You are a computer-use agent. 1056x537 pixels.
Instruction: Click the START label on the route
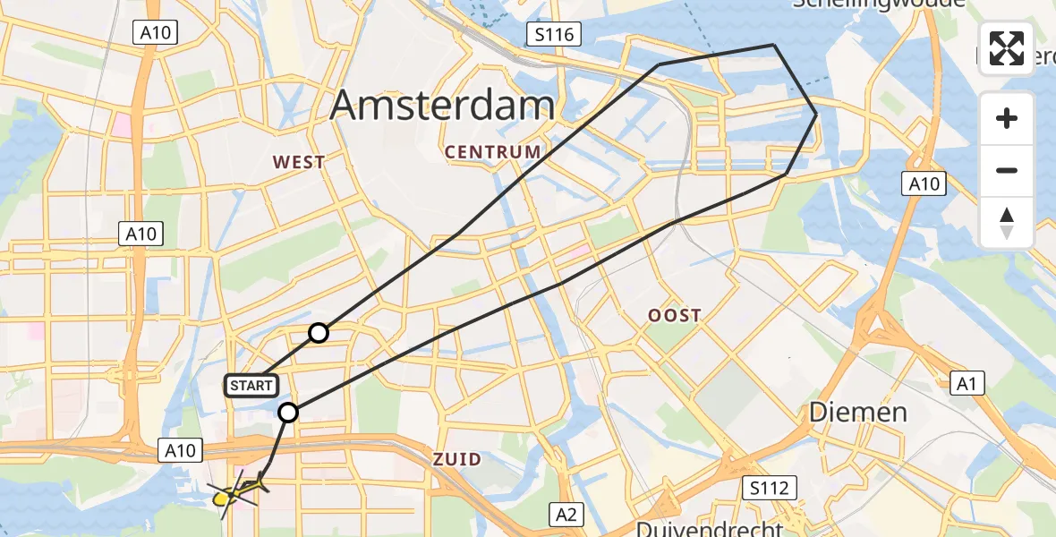pos(251,386)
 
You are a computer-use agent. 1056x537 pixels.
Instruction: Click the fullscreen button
pos(1007,48)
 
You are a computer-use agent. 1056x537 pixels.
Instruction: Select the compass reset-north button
pos(1007,223)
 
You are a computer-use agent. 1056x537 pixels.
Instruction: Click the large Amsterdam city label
pos(442,107)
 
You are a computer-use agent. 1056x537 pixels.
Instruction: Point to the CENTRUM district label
pos(493,152)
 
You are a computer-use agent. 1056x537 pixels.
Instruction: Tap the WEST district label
pos(299,162)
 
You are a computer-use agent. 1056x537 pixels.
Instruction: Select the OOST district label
pos(676,315)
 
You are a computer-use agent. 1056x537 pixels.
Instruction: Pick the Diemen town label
pos(858,413)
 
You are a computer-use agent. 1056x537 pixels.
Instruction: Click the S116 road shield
pos(554,35)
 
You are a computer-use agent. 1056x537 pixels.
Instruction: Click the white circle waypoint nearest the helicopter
pos(288,413)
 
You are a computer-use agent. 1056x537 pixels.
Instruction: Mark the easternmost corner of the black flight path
pos(816,115)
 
